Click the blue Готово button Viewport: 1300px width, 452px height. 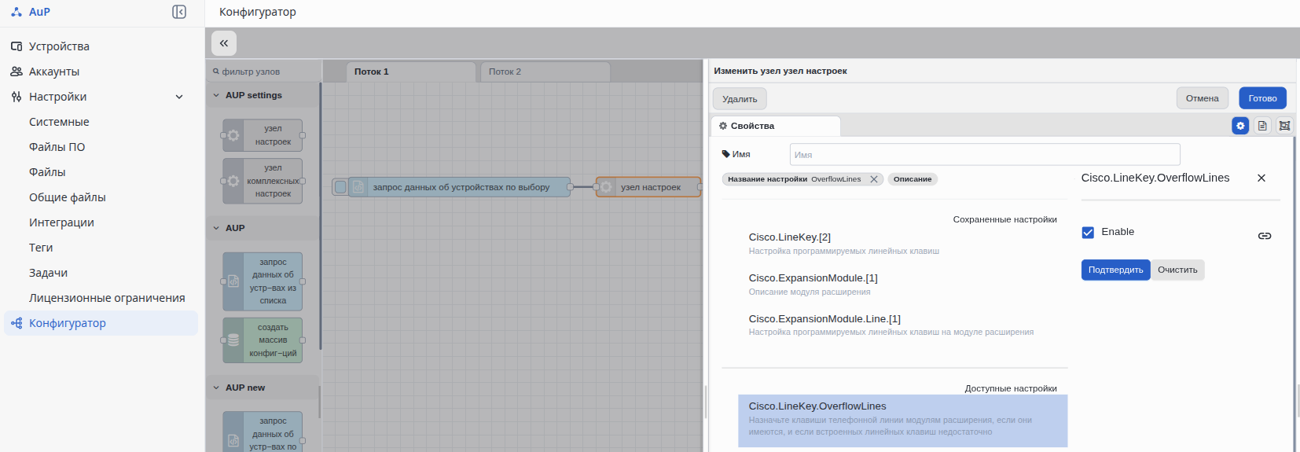pyautogui.click(x=1262, y=98)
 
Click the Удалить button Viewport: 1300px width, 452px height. pyautogui.click(x=740, y=98)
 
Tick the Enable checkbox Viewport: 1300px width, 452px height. pyautogui.click(x=1088, y=232)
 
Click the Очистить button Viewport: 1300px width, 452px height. pyautogui.click(x=1177, y=270)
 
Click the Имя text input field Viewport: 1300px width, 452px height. pyautogui.click(x=985, y=154)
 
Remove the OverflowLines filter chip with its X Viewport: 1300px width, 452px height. pyautogui.click(x=873, y=179)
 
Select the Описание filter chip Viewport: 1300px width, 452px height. pyautogui.click(x=913, y=179)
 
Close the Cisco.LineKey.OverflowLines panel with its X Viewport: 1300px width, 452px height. pyautogui.click(x=1261, y=178)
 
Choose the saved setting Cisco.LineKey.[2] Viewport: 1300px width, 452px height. pyautogui.click(x=789, y=237)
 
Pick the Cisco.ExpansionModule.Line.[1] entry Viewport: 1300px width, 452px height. pyautogui.click(x=824, y=318)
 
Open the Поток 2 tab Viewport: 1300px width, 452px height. pyautogui.click(x=545, y=72)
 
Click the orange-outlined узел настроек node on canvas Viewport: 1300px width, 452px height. pyautogui.click(x=648, y=187)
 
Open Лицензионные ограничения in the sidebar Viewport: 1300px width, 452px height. pyautogui.click(x=107, y=298)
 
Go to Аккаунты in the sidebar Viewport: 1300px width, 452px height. pyautogui.click(x=54, y=72)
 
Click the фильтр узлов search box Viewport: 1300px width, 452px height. pyautogui.click(x=264, y=72)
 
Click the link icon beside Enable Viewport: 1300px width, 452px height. pyautogui.click(x=1265, y=236)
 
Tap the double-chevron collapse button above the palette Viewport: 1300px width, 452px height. pyautogui.click(x=224, y=43)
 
